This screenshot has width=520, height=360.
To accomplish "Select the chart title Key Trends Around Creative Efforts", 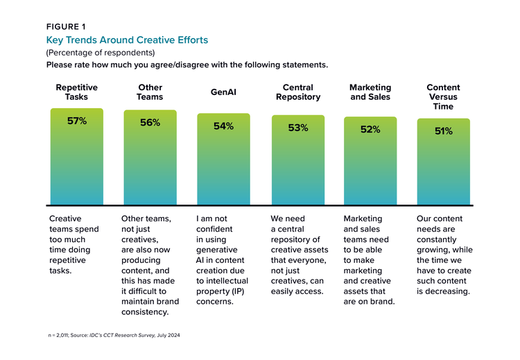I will tap(126, 40).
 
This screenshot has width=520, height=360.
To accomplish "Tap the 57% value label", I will tap(76, 120).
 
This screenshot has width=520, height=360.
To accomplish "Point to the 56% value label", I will tap(150, 122).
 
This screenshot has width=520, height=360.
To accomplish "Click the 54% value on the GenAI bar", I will tap(223, 126).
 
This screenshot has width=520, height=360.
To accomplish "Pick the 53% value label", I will tap(298, 128).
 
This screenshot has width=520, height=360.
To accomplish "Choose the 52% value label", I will tap(370, 129).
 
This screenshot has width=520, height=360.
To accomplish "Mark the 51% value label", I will tap(444, 130).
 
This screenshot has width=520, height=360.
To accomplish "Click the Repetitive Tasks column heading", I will tap(76, 92).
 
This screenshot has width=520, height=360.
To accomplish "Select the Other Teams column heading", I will tap(150, 92).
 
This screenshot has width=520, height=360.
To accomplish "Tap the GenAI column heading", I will tap(223, 92).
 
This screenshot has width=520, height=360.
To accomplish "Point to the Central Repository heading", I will tap(298, 92).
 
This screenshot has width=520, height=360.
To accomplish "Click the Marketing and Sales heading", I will tap(370, 92).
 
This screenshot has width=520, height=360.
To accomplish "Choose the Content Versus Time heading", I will tap(444, 97).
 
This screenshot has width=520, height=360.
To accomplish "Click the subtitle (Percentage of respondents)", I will tap(100, 53).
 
